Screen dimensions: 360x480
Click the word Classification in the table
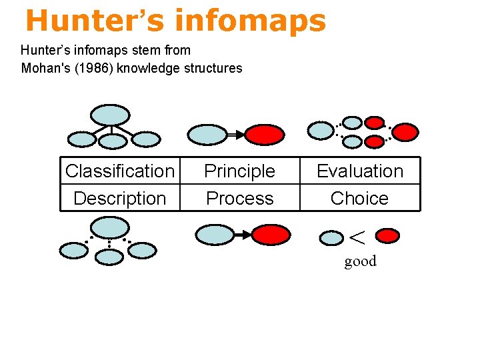(120, 171)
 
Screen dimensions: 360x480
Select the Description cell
(120, 198)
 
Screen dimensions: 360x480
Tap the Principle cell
(240, 171)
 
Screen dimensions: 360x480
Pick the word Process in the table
(240, 198)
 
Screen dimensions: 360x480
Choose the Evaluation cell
(360, 171)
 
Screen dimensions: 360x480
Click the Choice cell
(360, 198)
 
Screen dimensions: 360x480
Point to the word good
(361, 261)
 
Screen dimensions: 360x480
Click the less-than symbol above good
(358, 236)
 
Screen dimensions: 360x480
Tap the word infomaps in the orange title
(251, 21)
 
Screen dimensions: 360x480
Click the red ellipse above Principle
(265, 135)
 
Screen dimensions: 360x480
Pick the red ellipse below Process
(271, 235)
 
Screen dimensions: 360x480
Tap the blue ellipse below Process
(215, 235)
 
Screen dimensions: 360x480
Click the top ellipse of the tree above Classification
(110, 115)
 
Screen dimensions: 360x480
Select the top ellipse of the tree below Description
(109, 228)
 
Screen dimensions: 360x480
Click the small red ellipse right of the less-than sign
(388, 235)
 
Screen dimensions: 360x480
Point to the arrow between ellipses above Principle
(236, 135)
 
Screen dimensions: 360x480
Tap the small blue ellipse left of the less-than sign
(331, 237)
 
